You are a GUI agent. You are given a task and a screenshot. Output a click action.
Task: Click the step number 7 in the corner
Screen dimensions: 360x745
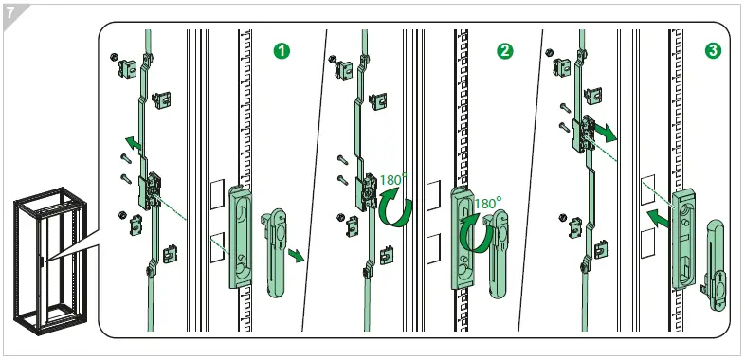[x=11, y=12]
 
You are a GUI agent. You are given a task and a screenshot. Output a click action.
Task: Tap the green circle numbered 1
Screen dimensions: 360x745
[x=282, y=50]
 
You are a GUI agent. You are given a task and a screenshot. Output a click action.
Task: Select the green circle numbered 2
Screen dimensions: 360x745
[x=504, y=50]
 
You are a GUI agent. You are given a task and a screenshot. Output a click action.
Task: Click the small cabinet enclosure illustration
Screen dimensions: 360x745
[x=46, y=257]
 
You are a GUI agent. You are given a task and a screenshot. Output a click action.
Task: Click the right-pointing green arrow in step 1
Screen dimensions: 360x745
[x=298, y=255]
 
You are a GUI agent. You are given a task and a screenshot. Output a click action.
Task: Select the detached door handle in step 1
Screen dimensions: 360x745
[x=280, y=242]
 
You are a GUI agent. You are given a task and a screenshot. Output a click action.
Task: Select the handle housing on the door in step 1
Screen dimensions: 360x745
[x=241, y=237]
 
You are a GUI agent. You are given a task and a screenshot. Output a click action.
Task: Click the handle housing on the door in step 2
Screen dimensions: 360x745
[x=463, y=237]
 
